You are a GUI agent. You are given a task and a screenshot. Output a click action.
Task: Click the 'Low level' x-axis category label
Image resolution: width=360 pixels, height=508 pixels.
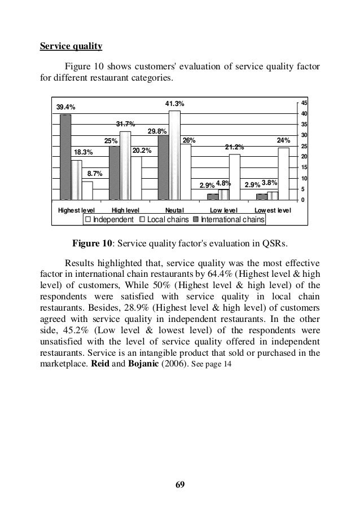(x=223, y=210)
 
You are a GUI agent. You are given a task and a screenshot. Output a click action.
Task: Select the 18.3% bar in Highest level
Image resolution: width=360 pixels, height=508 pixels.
(x=76, y=180)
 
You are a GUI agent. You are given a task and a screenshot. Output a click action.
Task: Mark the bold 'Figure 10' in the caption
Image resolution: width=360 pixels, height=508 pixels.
(x=91, y=244)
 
